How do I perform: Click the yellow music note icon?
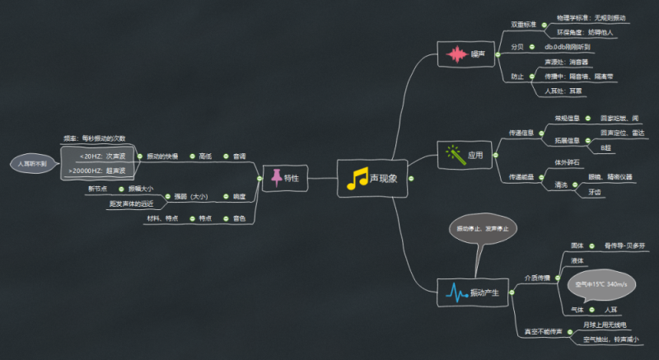[x=358, y=179]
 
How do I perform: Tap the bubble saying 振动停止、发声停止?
[x=484, y=228]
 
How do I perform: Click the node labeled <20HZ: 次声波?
[x=101, y=156]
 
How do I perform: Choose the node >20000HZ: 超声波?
[x=96, y=171]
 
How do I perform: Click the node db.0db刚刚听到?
[x=573, y=47]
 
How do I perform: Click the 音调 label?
[x=239, y=156]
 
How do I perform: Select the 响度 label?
[x=240, y=196]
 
